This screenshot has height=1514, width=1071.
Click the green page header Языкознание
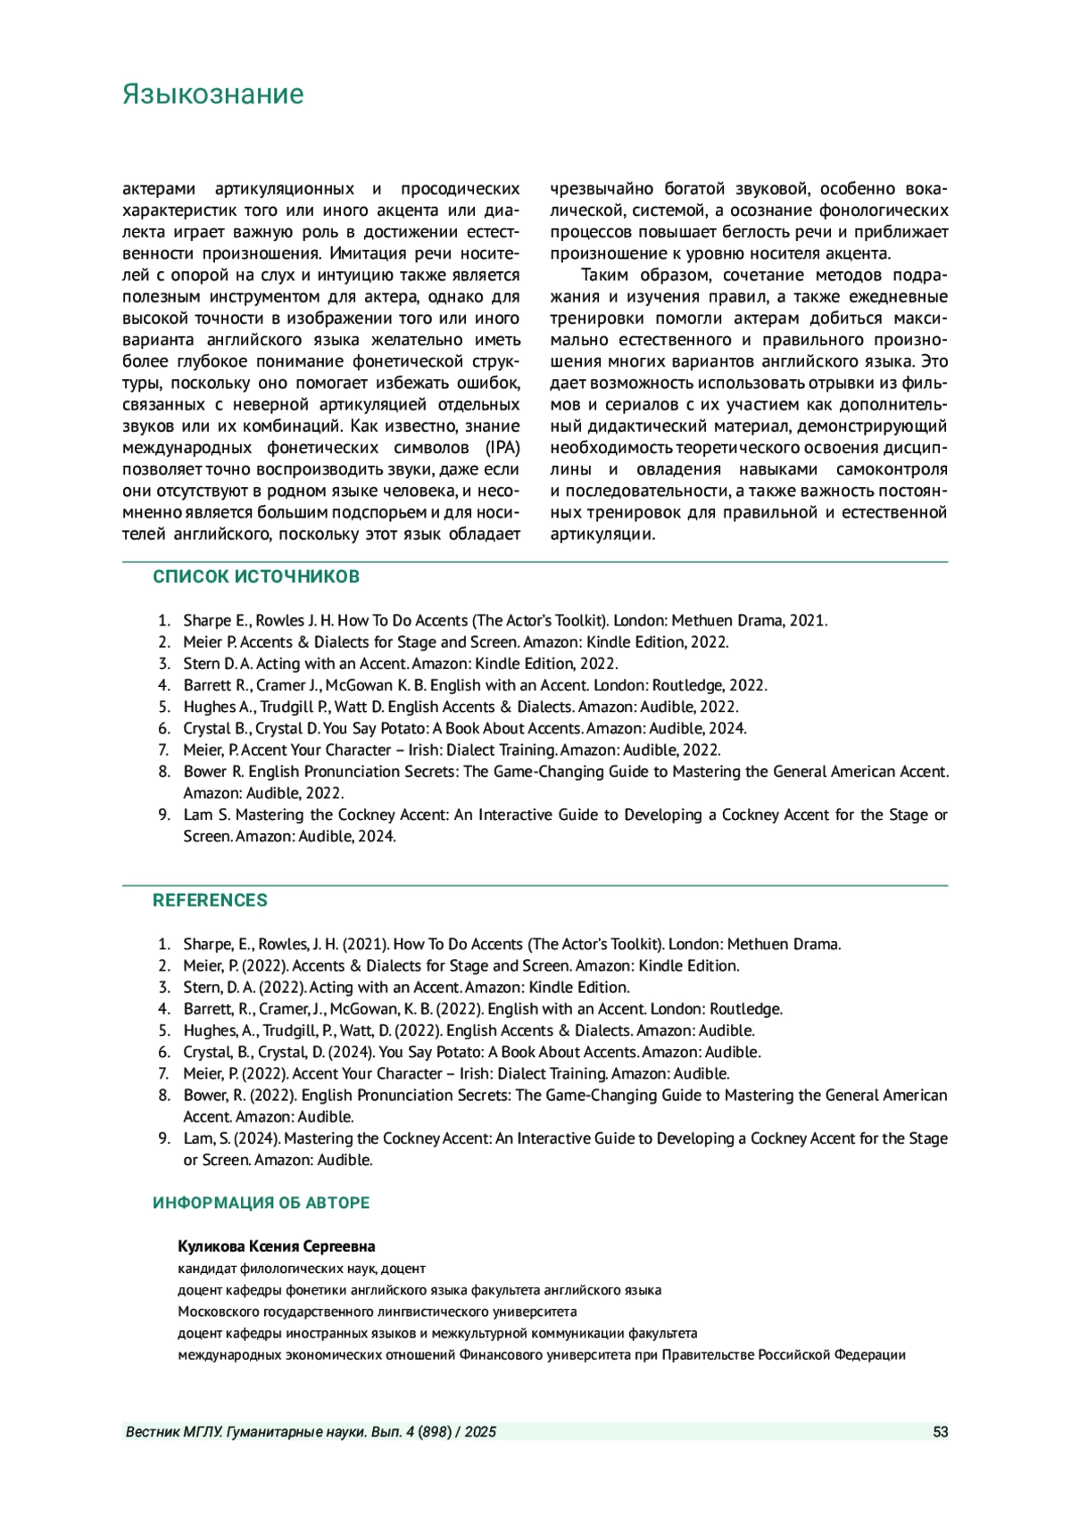click(212, 95)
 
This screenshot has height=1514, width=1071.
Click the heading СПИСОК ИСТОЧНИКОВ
click(256, 576)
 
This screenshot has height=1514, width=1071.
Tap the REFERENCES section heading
click(210, 900)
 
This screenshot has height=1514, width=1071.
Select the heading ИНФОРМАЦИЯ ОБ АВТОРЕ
click(261, 1203)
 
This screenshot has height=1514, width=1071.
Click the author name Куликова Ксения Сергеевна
click(276, 1246)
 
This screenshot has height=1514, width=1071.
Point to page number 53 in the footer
click(940, 1432)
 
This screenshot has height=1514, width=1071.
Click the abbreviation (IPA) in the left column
click(503, 448)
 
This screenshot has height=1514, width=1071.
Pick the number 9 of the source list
click(163, 815)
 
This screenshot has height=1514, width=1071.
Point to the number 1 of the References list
click(163, 944)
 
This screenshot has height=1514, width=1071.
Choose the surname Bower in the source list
click(204, 772)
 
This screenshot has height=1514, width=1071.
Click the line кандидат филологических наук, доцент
click(302, 1269)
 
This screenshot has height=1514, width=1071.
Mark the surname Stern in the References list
click(202, 988)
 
